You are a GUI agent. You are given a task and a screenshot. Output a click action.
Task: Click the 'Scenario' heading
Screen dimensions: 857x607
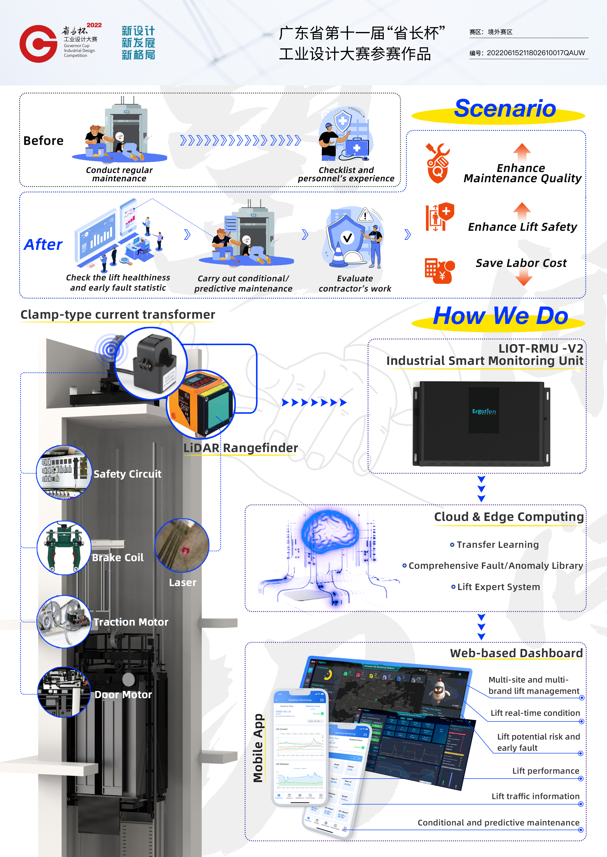point(505,109)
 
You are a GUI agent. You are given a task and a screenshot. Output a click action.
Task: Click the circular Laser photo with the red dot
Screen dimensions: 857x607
point(182,545)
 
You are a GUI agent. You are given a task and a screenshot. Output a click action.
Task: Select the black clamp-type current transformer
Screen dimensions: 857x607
point(153,362)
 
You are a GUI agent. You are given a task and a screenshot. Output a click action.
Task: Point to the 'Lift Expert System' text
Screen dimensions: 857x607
point(498,587)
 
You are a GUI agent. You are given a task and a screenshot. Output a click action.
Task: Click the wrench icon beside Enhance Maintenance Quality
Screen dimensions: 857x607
point(437,163)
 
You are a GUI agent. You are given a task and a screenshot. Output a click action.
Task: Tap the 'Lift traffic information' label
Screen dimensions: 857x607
point(535,796)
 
